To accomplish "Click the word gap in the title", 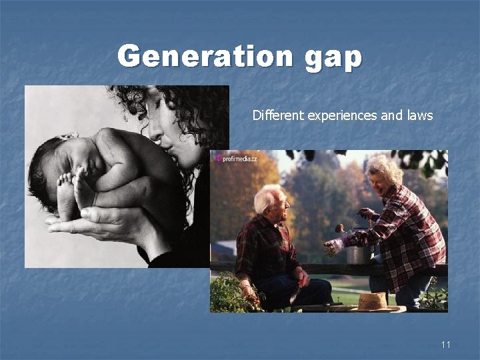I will pyautogui.click(x=333, y=57).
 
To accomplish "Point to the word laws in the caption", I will pyautogui.click(x=417, y=115).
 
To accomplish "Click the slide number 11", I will pyautogui.click(x=446, y=344).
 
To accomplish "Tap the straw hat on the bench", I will pyautogui.click(x=372, y=301).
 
